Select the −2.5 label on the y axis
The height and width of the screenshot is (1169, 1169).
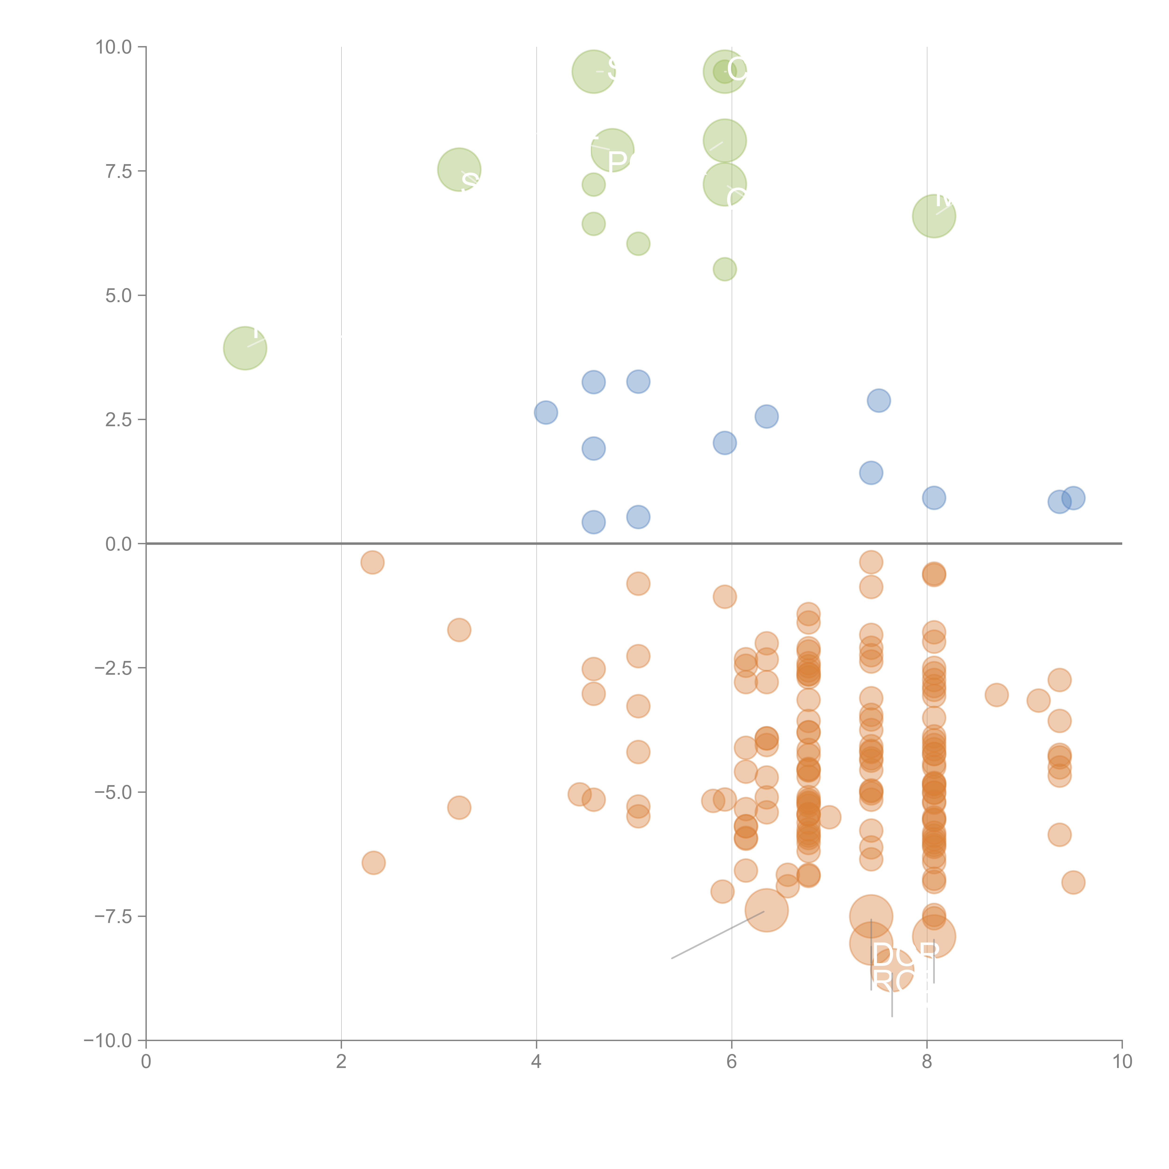[x=113, y=668]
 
